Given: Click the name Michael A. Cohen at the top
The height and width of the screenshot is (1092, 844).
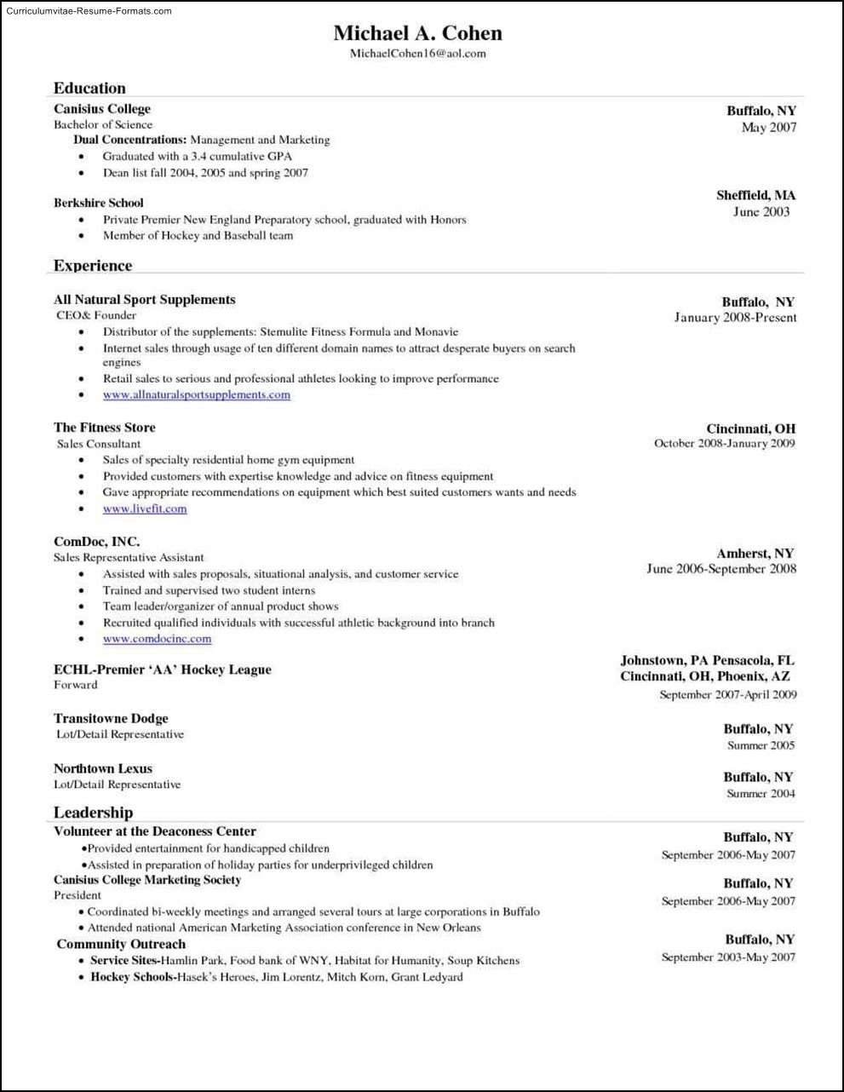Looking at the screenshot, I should pos(417,33).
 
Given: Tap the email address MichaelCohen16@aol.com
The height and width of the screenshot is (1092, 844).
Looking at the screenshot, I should pos(417,53).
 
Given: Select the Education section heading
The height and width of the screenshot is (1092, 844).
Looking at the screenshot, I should pos(89,88).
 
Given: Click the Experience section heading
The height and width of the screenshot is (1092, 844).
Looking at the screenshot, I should pos(93,266).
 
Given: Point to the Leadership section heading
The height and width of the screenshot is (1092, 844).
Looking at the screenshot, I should pos(93,813).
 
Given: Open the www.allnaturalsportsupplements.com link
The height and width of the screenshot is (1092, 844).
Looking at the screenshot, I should pos(197,394).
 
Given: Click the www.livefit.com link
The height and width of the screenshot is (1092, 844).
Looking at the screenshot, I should pos(145,509).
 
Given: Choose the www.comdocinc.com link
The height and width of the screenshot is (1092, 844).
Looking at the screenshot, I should pos(157,639).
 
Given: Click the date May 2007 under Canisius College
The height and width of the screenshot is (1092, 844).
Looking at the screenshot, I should pos(769,128).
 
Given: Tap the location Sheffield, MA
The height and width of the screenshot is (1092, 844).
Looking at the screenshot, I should pos(755,195).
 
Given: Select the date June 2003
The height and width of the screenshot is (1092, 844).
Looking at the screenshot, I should pos(761,212).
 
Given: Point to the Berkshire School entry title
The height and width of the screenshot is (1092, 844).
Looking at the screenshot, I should pos(99,203).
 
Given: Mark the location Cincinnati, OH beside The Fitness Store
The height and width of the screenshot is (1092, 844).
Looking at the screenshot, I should pos(750,428).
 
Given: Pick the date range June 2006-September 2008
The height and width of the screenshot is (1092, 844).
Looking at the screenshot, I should pos(721,569).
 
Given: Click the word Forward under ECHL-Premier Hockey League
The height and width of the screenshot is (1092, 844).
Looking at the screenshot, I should pos(76,685).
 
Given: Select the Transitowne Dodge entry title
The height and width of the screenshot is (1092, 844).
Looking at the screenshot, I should pos(111,718).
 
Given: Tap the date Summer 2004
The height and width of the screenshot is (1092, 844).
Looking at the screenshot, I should pos(761,794).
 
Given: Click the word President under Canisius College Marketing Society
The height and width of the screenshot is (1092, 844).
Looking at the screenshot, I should pos(78,895).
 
